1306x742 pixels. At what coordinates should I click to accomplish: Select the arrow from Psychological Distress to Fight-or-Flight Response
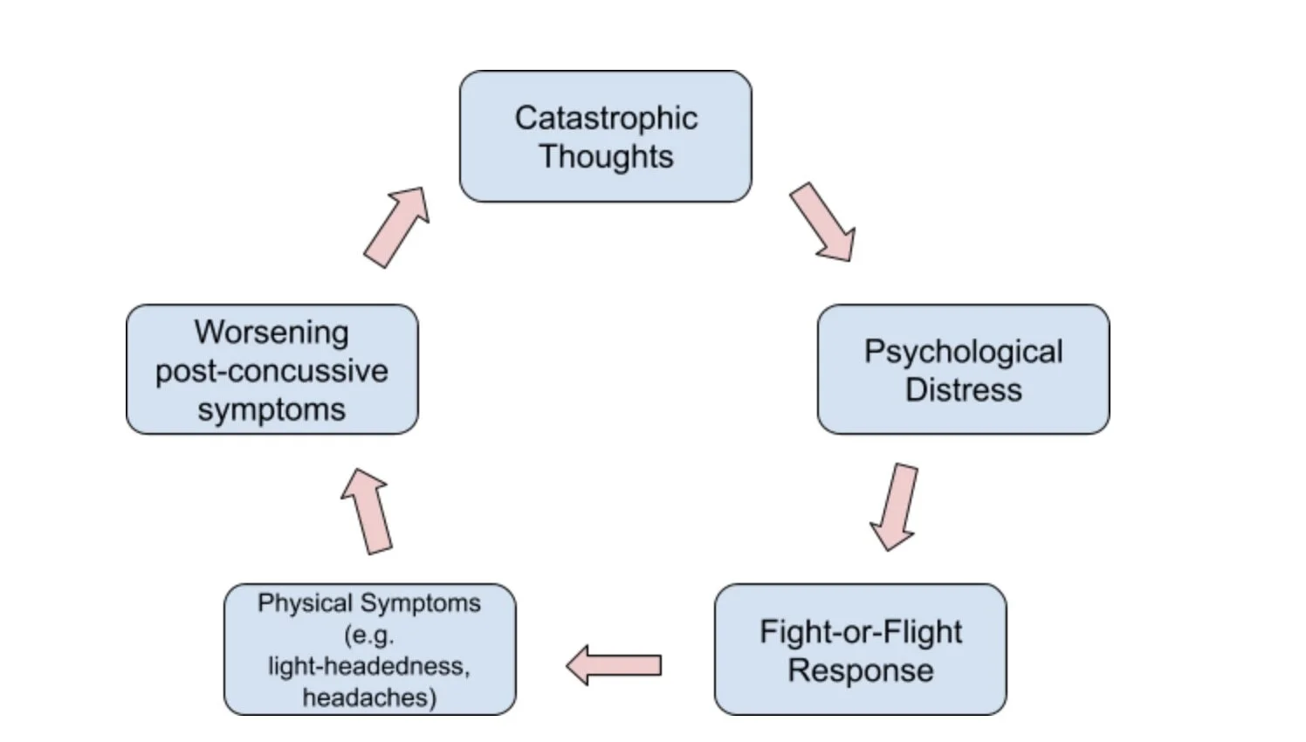(895, 506)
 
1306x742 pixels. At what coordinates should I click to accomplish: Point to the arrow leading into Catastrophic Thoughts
(397, 226)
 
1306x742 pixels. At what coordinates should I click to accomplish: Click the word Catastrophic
(606, 118)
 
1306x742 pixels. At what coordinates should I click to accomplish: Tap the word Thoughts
(606, 157)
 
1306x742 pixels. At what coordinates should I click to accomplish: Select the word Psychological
(963, 352)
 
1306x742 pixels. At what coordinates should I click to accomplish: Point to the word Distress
(963, 389)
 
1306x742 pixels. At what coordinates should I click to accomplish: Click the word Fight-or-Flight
(860, 631)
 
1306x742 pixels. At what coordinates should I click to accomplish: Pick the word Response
(860, 670)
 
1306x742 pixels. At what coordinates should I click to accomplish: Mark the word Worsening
(272, 332)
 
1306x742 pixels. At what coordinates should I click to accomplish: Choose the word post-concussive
(272, 371)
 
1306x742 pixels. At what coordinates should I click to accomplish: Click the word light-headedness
(368, 666)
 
